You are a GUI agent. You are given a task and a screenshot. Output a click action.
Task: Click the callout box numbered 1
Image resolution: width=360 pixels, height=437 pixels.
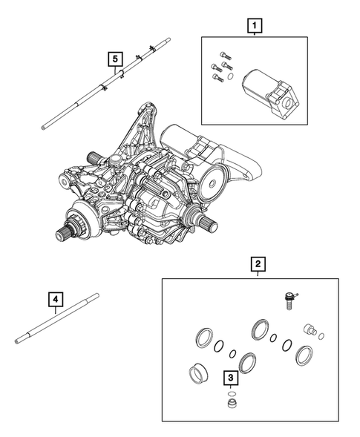click(x=255, y=28)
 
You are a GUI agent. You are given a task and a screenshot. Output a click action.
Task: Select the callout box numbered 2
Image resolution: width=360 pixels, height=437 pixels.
click(x=258, y=263)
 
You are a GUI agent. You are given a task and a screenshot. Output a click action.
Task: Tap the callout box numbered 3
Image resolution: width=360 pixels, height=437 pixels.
click(x=232, y=379)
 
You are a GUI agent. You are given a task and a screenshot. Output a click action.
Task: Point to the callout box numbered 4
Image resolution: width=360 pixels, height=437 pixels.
click(x=56, y=300)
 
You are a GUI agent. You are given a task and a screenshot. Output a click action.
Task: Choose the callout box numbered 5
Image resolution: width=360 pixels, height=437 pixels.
click(x=114, y=57)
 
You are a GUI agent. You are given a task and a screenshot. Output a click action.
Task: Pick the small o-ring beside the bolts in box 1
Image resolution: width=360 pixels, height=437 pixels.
click(x=230, y=76)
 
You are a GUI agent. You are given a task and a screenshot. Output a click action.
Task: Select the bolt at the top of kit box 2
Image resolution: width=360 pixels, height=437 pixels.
click(x=285, y=298)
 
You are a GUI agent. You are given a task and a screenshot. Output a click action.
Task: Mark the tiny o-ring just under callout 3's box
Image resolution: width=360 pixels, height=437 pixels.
click(x=232, y=392)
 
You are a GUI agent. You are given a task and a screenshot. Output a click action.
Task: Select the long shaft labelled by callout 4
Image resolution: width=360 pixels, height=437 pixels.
click(x=56, y=318)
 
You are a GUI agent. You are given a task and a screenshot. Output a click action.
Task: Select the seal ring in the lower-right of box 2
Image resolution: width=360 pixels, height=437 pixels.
click(x=303, y=355)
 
